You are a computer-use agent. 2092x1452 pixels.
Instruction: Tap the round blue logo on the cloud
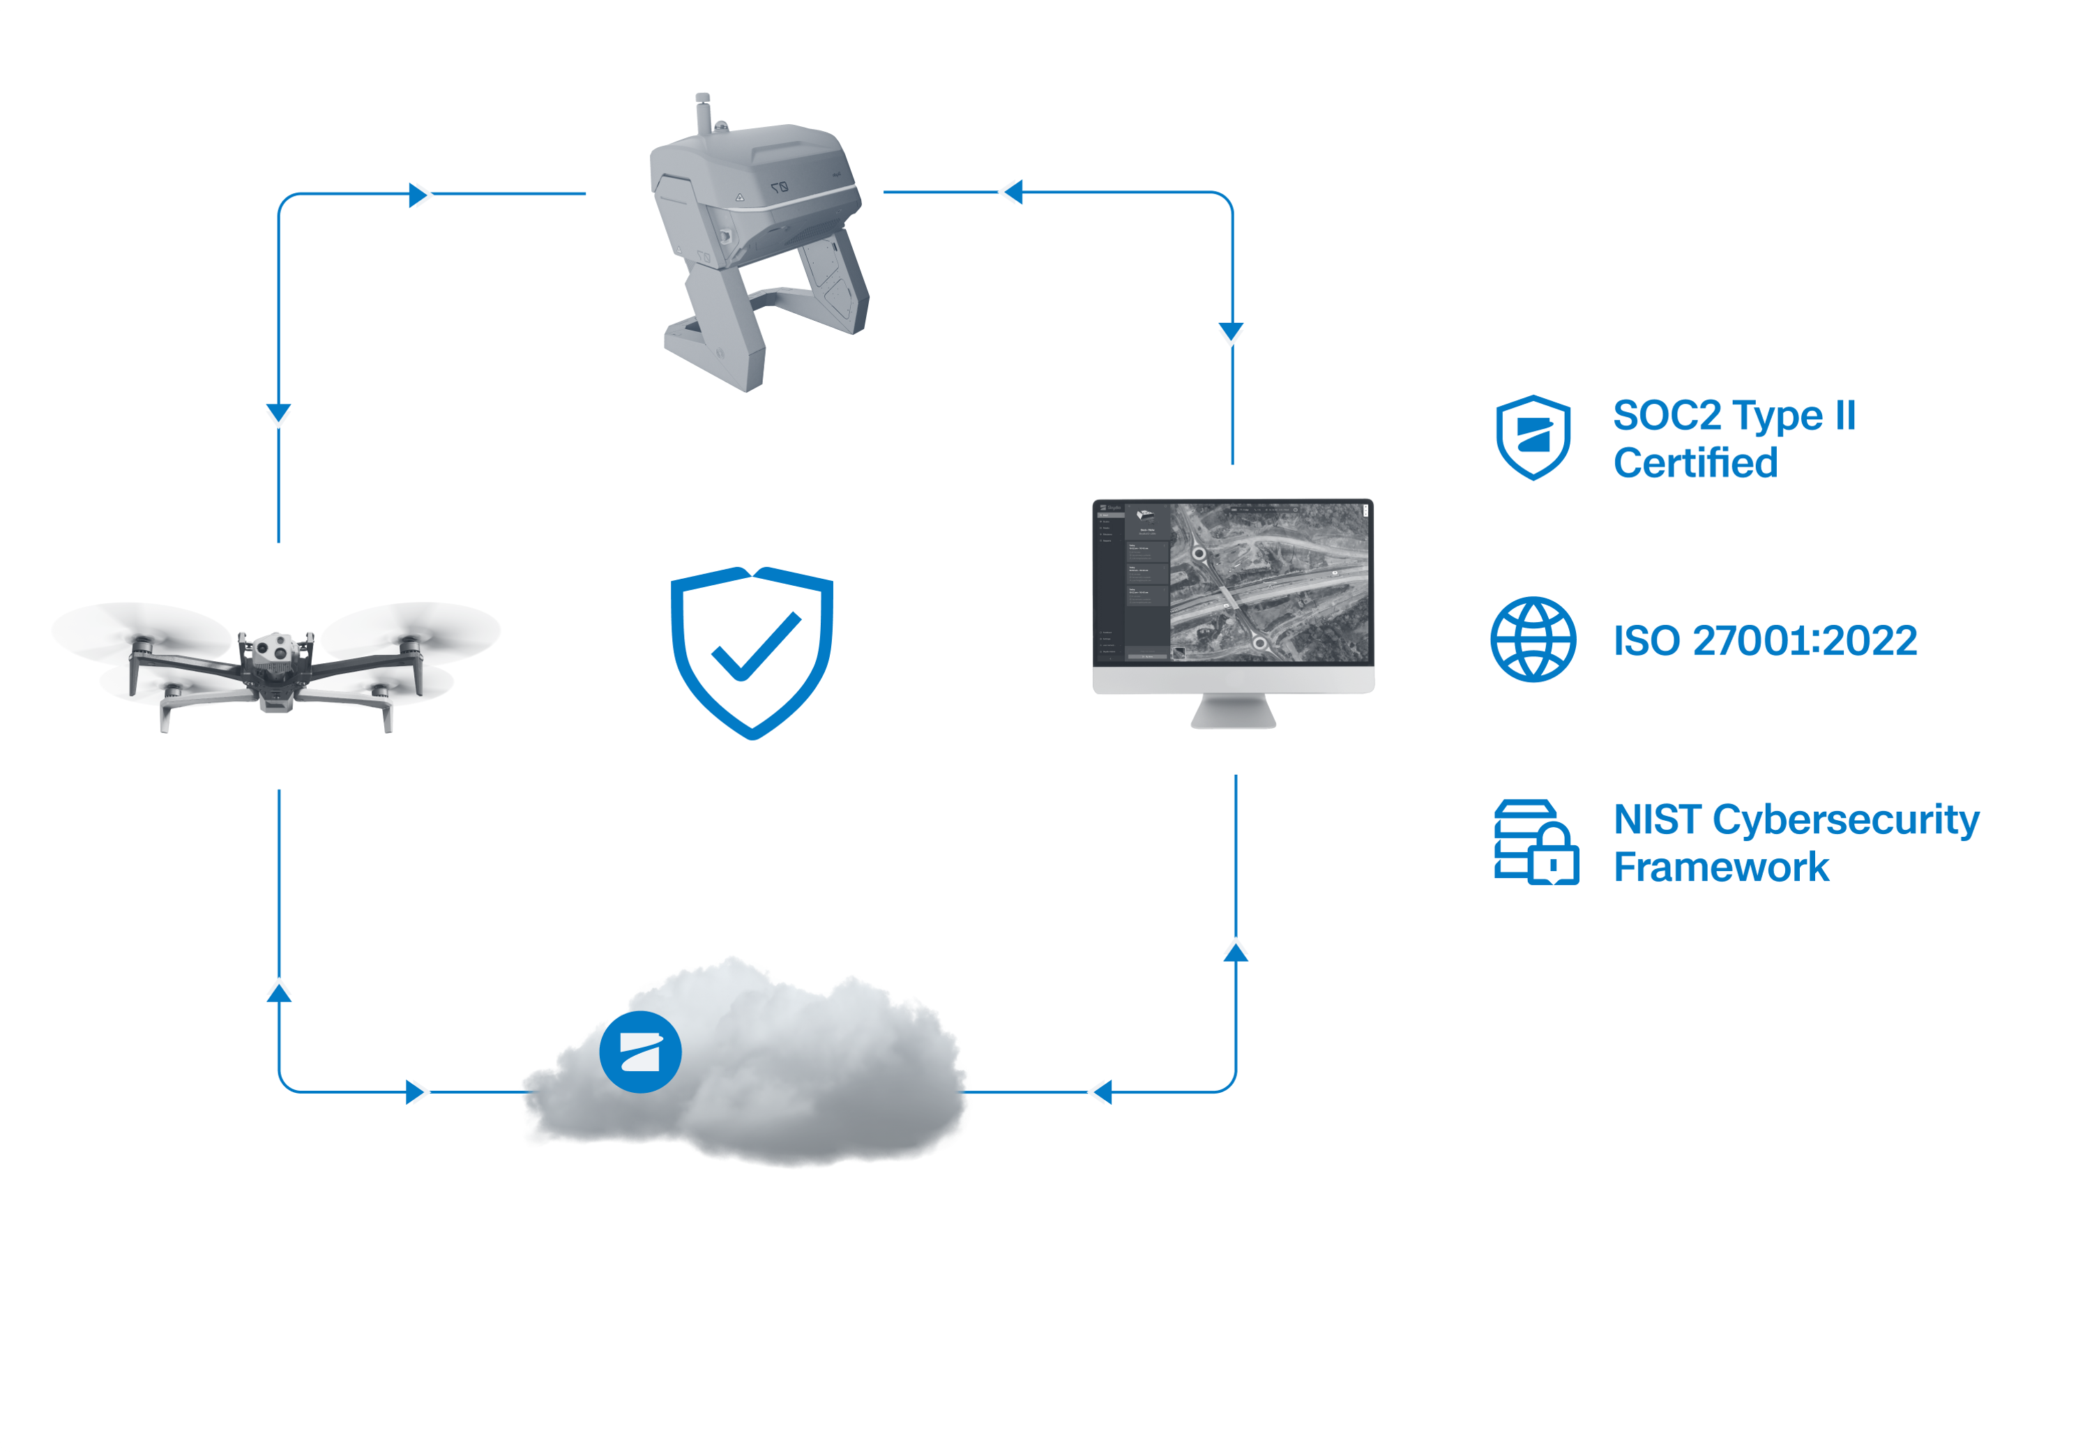[640, 1052]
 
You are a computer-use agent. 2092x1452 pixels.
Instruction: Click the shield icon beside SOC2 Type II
[1533, 437]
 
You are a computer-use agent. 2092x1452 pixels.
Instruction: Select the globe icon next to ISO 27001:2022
[1533, 639]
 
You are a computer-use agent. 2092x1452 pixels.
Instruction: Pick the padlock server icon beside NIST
[1536, 842]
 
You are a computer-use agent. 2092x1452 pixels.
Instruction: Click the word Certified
[1695, 463]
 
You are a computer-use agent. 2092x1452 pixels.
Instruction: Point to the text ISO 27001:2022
[1764, 640]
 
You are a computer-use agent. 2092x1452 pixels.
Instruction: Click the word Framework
[1721, 867]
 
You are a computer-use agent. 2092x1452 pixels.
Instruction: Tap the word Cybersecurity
[1846, 819]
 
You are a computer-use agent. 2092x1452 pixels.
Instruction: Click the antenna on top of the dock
[703, 114]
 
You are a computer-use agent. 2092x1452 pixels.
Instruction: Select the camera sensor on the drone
[270, 649]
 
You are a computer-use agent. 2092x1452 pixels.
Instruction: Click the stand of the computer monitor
[1234, 711]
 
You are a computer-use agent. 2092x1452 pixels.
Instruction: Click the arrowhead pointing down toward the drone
[278, 413]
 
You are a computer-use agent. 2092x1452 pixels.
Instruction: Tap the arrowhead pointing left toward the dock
[1013, 192]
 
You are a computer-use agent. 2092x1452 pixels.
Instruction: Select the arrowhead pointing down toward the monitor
[1231, 331]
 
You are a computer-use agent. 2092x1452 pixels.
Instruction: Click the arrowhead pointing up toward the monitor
[1235, 952]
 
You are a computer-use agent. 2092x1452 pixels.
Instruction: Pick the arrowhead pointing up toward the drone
[279, 992]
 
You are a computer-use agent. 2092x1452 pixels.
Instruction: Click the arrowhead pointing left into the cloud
[1102, 1091]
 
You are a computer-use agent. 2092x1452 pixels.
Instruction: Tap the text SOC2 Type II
[1734, 416]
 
